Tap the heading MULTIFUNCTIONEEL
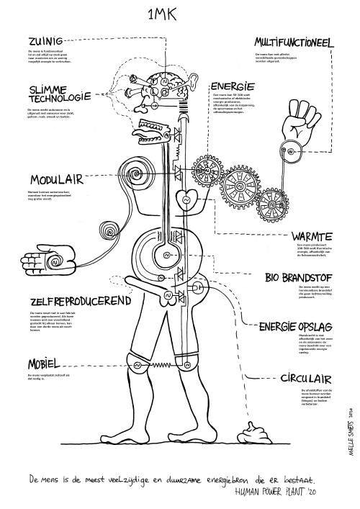pos(288,43)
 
